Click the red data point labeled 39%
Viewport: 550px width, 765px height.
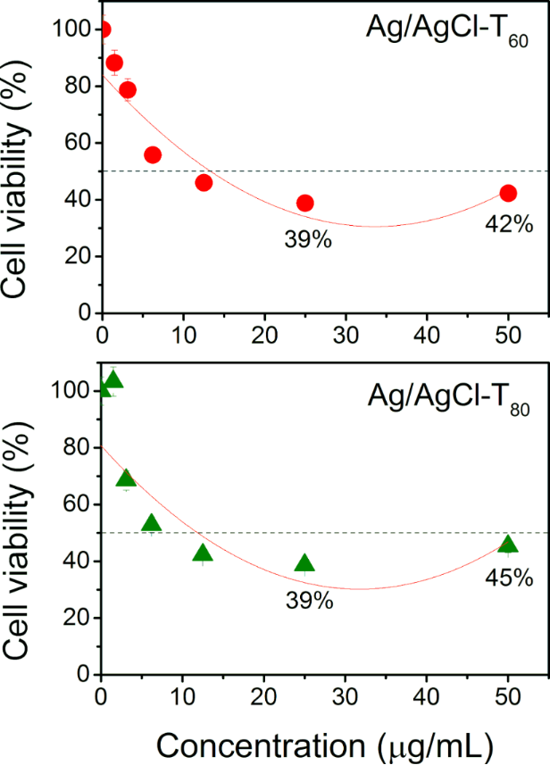pos(305,203)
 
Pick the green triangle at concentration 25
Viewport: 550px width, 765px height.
pos(305,562)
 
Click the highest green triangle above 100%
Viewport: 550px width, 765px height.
pos(113,380)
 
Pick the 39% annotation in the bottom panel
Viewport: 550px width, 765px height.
pos(310,601)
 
